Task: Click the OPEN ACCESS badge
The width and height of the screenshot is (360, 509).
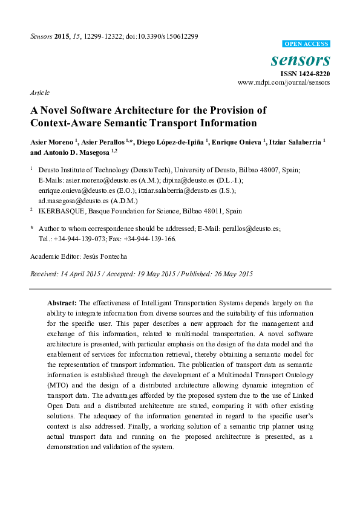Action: (x=307, y=44)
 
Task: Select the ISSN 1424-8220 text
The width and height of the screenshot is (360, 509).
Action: (x=305, y=73)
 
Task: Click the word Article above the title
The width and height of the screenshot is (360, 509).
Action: (x=39, y=92)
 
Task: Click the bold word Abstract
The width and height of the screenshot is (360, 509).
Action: (x=62, y=302)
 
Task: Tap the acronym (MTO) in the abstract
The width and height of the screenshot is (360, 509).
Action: (x=59, y=384)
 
